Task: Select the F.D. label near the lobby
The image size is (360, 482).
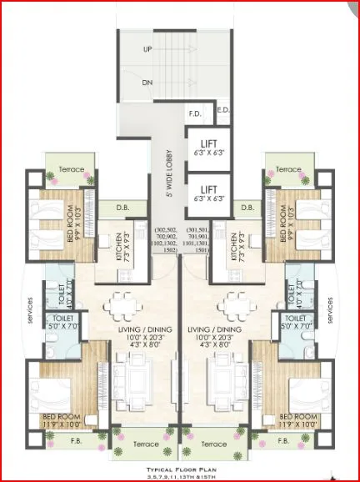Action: pyautogui.click(x=195, y=113)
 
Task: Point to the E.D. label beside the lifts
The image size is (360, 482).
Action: pyautogui.click(x=223, y=109)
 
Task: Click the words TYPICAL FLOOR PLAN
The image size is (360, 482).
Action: pyautogui.click(x=180, y=470)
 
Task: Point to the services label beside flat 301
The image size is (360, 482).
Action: pyautogui.click(x=332, y=313)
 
